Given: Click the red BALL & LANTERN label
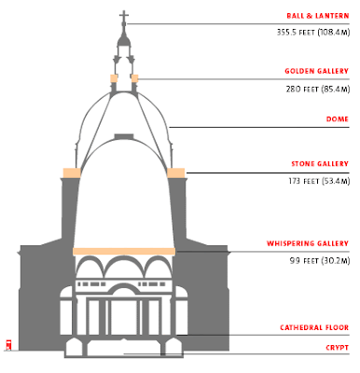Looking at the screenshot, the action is pos(318,16).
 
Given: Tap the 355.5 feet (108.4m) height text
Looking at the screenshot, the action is pos(313,33).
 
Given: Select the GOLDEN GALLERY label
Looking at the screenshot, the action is pos(317,71).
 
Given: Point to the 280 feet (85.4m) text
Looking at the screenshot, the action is pos(318,90).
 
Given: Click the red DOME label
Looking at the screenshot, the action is pos(338,119).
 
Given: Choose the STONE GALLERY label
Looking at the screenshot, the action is pos(320,164).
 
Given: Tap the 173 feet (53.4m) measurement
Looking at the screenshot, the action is pos(319,181).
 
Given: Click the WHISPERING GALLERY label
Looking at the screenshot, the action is pos(308,243).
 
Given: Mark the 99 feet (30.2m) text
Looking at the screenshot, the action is pos(320,260).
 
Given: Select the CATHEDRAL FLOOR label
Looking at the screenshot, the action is pos(314,327).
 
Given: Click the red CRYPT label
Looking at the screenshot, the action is pos(338,348).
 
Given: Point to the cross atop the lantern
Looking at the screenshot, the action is pos(124,18).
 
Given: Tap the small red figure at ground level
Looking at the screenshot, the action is pos(8,345).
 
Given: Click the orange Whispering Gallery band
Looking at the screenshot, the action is pos(124,252).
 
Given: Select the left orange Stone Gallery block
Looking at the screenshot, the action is pos(72,173).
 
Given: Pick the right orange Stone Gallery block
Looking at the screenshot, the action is pos(176,173).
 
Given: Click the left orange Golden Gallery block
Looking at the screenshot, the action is pos(114,78).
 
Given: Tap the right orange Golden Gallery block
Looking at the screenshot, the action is pos(134,78).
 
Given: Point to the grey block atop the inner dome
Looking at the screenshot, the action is pos(124,136).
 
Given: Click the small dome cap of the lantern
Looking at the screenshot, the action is pos(124,40).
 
